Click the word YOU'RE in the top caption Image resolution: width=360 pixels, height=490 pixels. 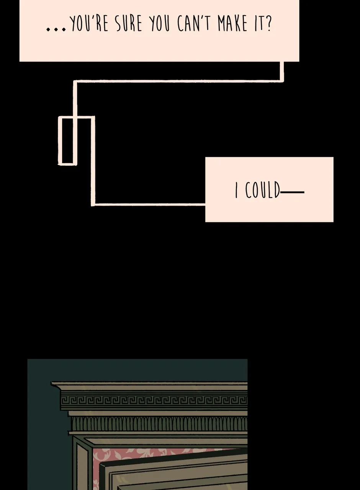tap(89, 24)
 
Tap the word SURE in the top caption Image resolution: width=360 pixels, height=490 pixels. tap(129, 24)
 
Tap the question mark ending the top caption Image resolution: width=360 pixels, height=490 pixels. tap(269, 23)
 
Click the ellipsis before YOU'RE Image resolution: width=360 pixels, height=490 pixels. tap(56, 29)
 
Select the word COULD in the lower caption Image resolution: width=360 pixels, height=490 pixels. tap(262, 189)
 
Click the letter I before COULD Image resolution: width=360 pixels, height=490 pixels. tap(236, 190)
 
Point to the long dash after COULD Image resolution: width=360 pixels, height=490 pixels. tap(292, 192)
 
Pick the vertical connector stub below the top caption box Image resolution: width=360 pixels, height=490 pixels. tap(282, 71)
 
